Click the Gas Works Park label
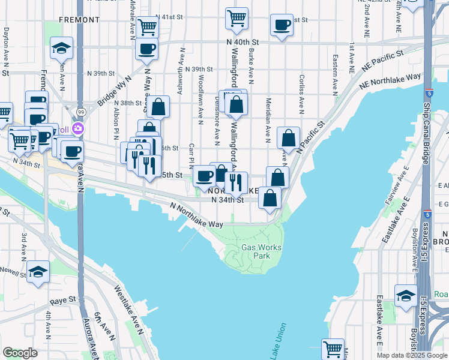tap(261, 251)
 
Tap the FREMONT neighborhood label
tap(79, 20)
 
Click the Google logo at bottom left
tap(20, 353)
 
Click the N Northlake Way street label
tap(196, 215)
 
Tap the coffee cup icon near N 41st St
tap(281, 25)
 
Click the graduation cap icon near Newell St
tap(38, 271)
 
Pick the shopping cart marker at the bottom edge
tap(333, 348)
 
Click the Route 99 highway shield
tap(80, 112)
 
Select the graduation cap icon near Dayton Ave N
tap(61, 47)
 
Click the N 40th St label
tap(243, 42)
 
